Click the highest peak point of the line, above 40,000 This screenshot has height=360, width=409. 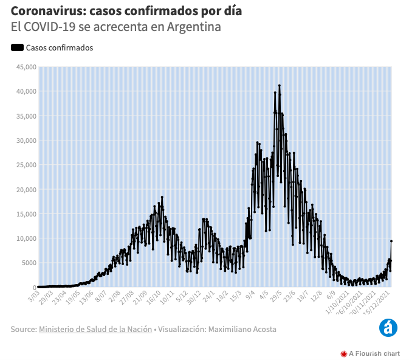[x=279, y=86]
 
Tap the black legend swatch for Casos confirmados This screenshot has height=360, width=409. [x=17, y=48]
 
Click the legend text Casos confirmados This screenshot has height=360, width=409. [x=60, y=48]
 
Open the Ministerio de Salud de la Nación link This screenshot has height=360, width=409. [x=95, y=329]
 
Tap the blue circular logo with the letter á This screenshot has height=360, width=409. [x=387, y=328]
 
